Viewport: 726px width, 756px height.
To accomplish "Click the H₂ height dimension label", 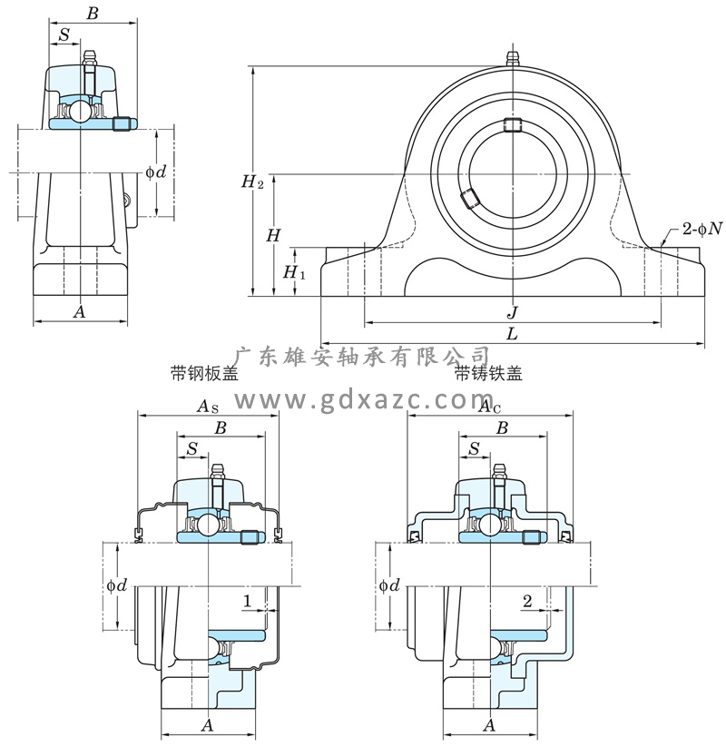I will point(252,182).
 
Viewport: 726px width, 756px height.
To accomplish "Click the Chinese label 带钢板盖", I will point(204,373).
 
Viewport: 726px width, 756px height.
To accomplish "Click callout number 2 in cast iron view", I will point(526,601).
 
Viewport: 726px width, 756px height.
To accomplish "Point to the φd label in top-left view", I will point(156,172).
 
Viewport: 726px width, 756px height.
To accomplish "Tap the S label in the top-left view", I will point(63,34).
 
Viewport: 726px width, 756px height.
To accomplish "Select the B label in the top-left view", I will point(91,14).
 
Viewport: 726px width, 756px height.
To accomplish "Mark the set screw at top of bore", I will point(513,125).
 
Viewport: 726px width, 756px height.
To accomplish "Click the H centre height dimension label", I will point(273,235).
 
